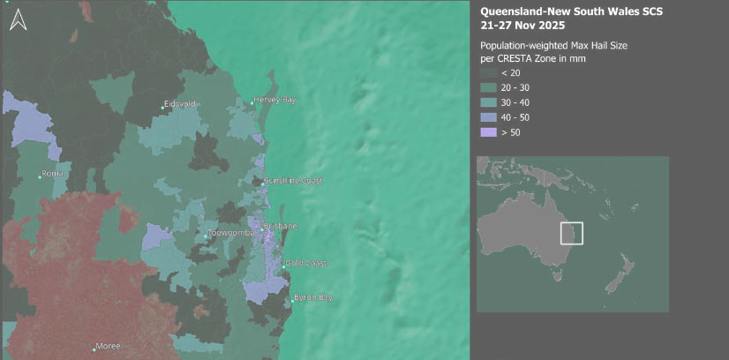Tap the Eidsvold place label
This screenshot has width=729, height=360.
(182, 105)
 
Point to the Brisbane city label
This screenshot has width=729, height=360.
(280, 227)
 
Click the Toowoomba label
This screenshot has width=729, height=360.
(231, 232)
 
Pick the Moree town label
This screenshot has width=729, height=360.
(109, 347)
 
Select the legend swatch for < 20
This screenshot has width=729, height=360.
(488, 73)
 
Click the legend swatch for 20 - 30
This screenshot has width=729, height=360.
(488, 88)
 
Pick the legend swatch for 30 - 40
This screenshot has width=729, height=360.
(488, 103)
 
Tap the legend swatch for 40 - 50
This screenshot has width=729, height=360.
(488, 117)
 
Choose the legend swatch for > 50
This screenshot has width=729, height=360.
(488, 132)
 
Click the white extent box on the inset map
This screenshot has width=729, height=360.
(572, 233)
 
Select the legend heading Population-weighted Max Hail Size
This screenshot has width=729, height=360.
(553, 45)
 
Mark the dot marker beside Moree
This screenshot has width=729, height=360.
(94, 348)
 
